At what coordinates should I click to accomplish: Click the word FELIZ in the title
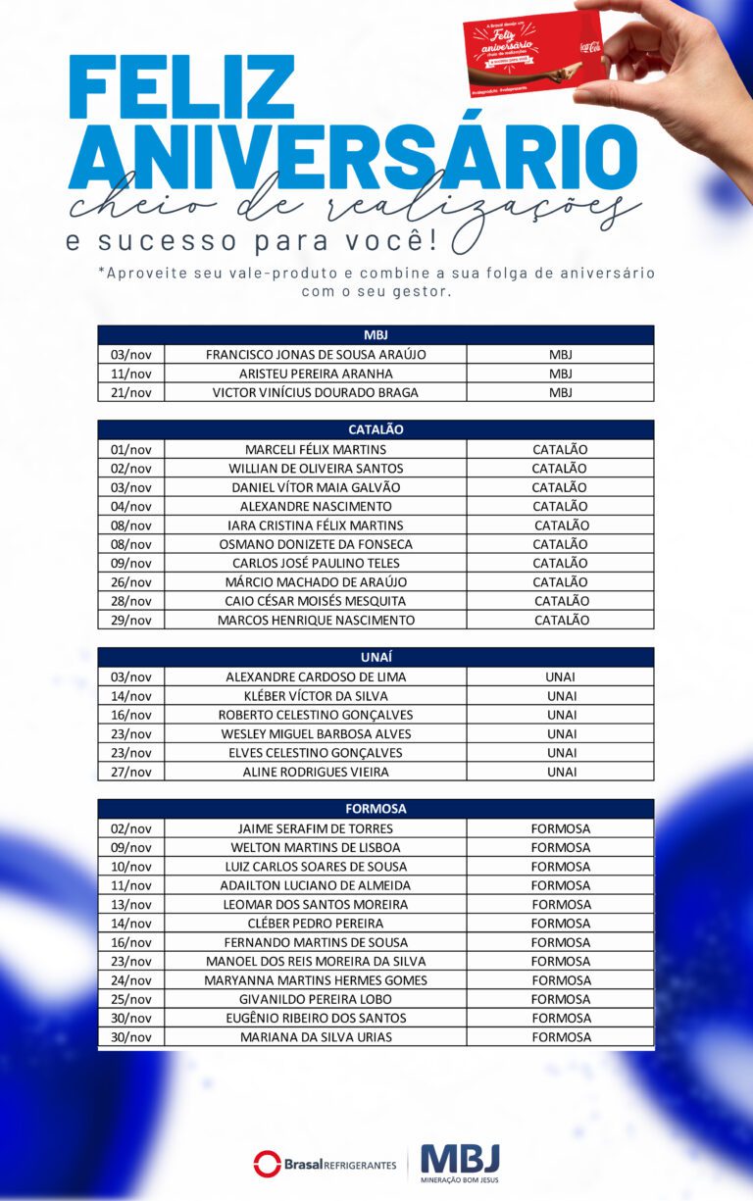click(x=181, y=88)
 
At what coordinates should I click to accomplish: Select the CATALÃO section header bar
click(x=376, y=429)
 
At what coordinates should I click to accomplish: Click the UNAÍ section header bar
click(x=376, y=657)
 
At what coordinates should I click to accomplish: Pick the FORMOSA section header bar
click(x=376, y=809)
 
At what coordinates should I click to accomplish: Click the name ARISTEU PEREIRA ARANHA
click(x=316, y=374)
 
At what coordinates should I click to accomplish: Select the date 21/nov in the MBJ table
click(x=131, y=392)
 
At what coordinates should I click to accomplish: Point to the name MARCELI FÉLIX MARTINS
click(x=316, y=449)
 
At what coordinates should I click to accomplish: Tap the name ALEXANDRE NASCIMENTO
click(x=316, y=506)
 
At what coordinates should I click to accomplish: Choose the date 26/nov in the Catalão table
click(x=131, y=581)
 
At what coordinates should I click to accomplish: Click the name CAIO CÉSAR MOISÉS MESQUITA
click(x=316, y=601)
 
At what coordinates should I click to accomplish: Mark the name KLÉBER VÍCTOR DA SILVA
click(x=316, y=696)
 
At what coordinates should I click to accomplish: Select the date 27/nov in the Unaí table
click(x=131, y=772)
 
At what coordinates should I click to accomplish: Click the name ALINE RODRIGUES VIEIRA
click(x=316, y=772)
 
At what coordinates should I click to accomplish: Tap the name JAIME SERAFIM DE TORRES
click(x=316, y=828)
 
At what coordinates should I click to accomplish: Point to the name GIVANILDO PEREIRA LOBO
click(x=316, y=999)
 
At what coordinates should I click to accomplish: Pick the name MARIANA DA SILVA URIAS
click(x=316, y=1036)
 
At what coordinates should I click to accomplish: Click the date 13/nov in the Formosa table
click(x=131, y=904)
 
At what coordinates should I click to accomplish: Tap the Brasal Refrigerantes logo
click(x=326, y=1164)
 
